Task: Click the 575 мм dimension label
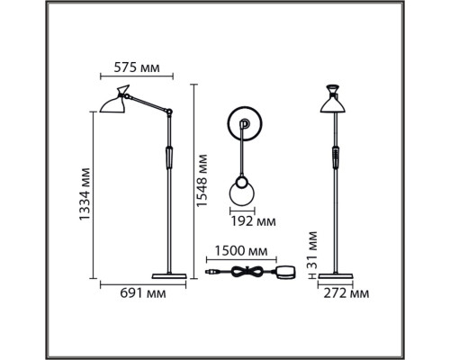pos(137,67)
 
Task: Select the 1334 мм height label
pos(85,194)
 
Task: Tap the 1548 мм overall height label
pos(202,181)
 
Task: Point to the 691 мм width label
pos(143,293)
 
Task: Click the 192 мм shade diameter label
pos(253,221)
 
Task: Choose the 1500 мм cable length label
pos(241,251)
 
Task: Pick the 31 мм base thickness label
pos(312,249)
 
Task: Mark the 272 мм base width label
pos(346,293)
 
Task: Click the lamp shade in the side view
pos(115,101)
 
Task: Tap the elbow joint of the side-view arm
pos(169,112)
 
